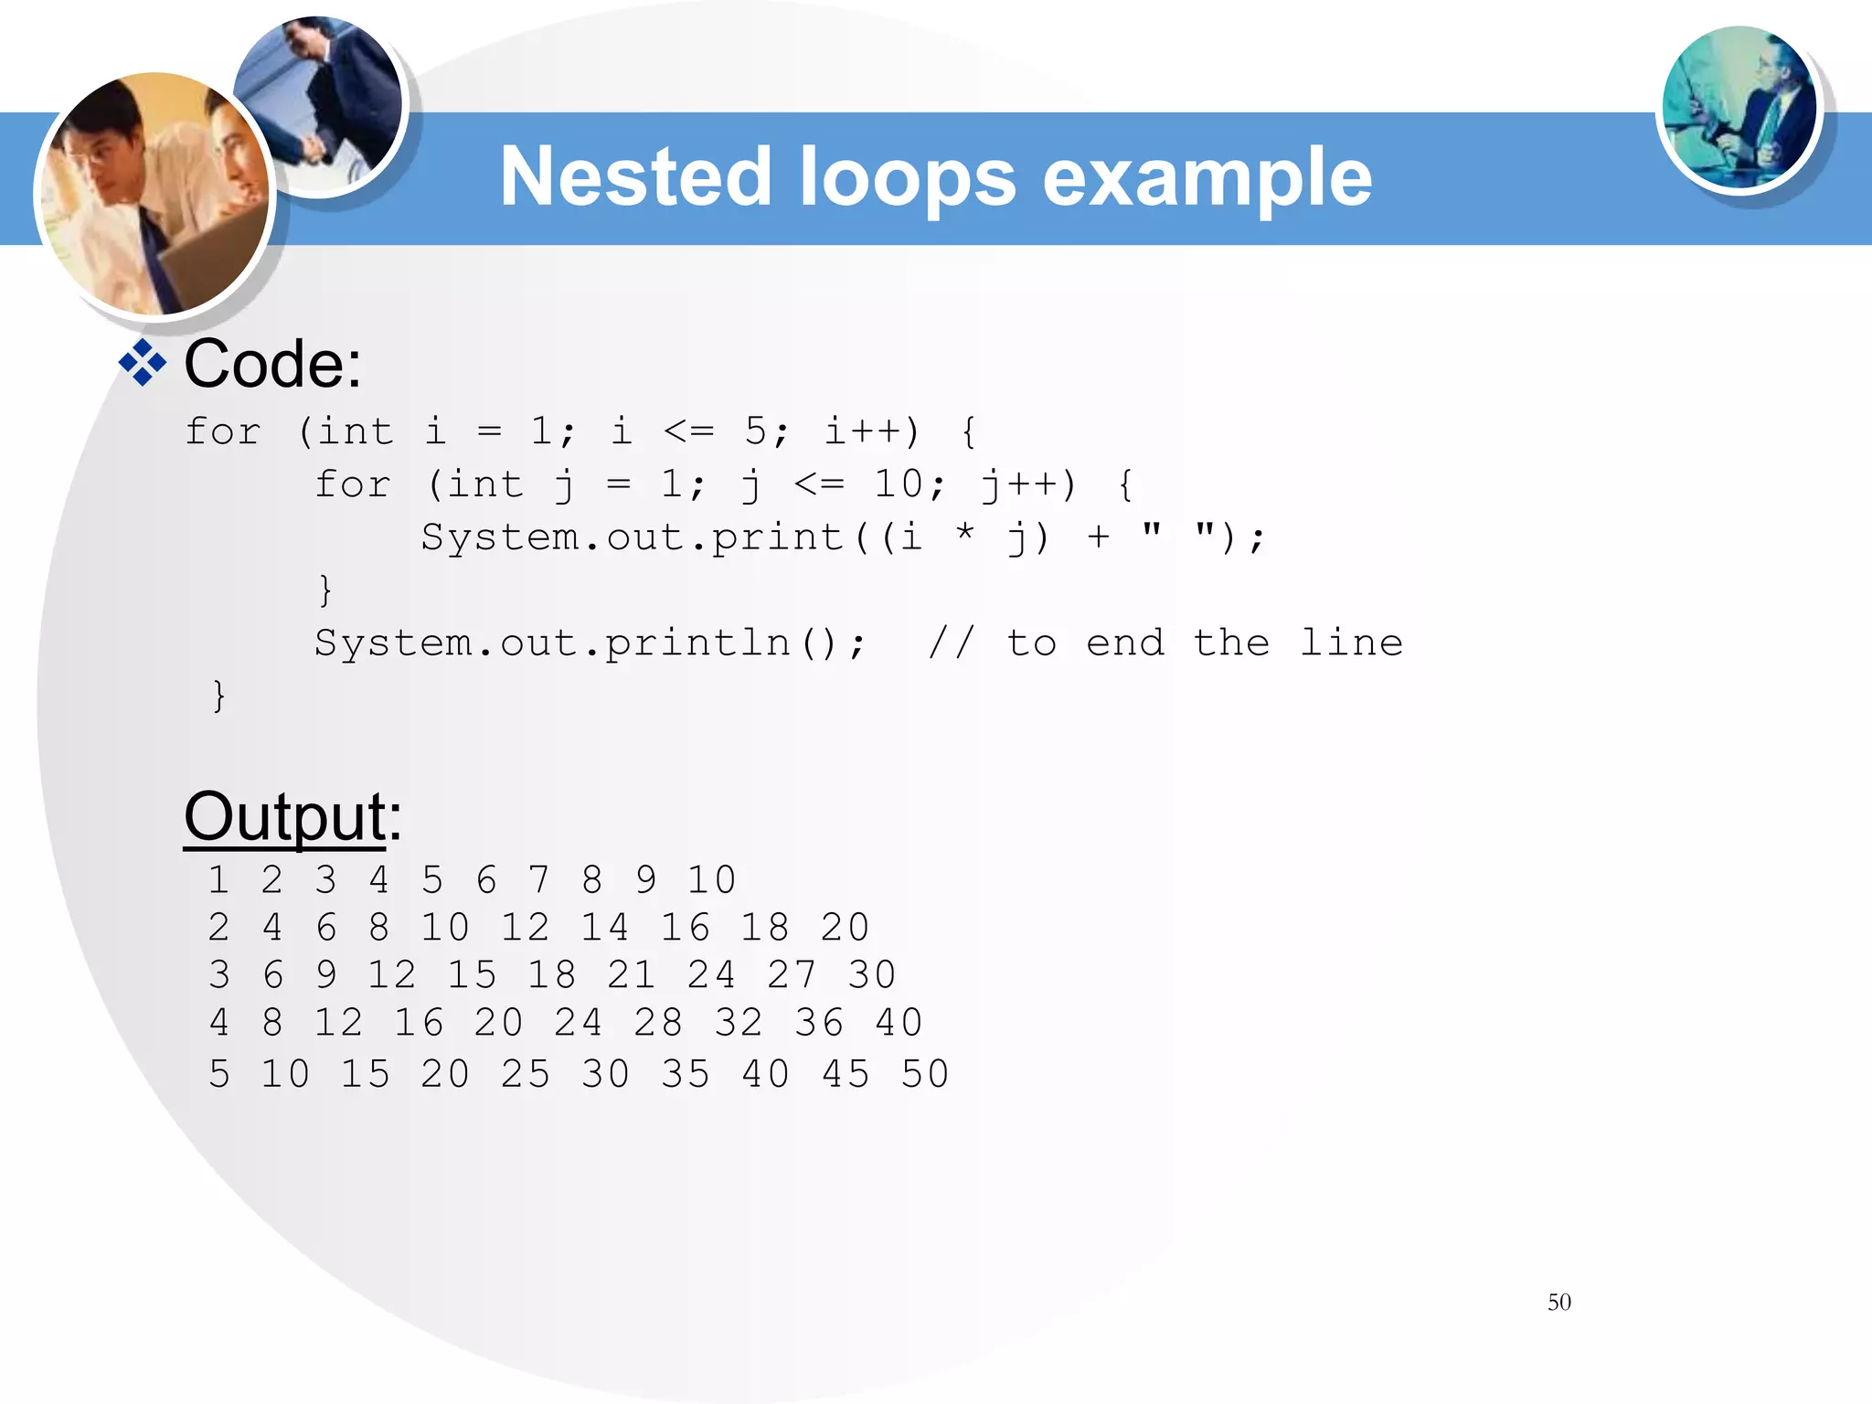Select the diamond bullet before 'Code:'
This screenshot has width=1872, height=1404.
coord(143,364)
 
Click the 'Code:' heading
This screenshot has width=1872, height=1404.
coord(272,364)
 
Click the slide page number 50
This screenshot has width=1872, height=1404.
coord(1558,1302)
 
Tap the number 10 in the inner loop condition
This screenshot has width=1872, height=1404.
coord(899,484)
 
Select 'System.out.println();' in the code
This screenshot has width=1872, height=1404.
coord(589,643)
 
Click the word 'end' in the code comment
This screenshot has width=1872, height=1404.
coord(1125,643)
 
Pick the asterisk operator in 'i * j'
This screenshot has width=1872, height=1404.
coord(964,533)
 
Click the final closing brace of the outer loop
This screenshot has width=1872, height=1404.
coord(218,696)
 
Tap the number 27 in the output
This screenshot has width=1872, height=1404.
coord(792,974)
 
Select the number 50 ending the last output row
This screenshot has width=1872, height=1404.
coord(925,1074)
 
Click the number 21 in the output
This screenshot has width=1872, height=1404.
coord(632,974)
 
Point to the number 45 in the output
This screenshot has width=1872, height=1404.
coord(845,1074)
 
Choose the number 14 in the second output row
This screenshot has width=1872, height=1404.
coord(605,927)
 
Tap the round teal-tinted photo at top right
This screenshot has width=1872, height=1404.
coord(1739,108)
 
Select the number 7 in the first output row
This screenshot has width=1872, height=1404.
coord(538,879)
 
